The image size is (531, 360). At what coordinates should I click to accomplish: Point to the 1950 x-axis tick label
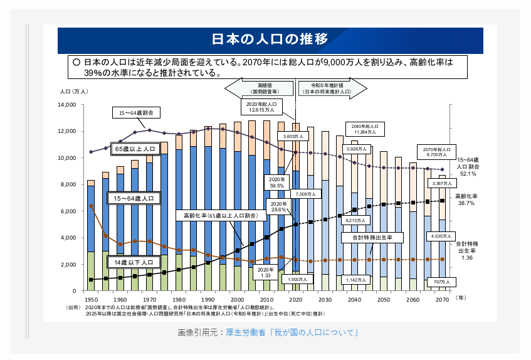pos(90,300)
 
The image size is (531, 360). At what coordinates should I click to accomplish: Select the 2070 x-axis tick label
pos(442,300)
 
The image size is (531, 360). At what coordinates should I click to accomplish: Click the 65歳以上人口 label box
pos(134,149)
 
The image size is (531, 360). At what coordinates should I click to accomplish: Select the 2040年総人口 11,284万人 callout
pos(365,129)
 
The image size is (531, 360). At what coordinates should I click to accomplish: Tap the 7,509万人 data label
pos(308,194)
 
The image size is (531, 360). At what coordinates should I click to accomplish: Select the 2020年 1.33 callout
pos(265,272)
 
